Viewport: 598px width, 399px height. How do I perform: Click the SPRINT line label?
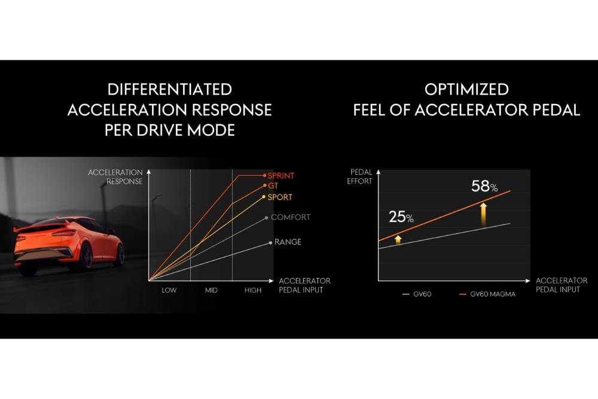click(281, 175)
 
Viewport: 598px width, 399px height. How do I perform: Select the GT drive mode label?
click(273, 186)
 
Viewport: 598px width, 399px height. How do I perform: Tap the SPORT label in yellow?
click(280, 197)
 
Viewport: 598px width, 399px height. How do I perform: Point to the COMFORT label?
click(291, 217)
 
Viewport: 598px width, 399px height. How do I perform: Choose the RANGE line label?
click(288, 242)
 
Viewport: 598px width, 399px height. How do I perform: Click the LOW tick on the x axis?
click(169, 290)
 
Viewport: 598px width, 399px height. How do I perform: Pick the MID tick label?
click(211, 290)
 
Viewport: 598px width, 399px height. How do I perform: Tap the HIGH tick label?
click(253, 290)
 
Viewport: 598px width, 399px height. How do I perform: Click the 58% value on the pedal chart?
click(484, 186)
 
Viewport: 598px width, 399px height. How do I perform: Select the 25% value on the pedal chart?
click(401, 217)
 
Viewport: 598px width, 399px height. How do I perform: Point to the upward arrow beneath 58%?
click(483, 212)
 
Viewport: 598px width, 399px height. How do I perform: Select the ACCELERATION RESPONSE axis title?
click(115, 176)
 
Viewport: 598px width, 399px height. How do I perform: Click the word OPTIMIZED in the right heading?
click(466, 90)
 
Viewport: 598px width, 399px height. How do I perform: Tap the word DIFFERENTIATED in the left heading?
click(169, 90)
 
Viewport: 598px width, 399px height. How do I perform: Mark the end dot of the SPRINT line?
click(264, 175)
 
